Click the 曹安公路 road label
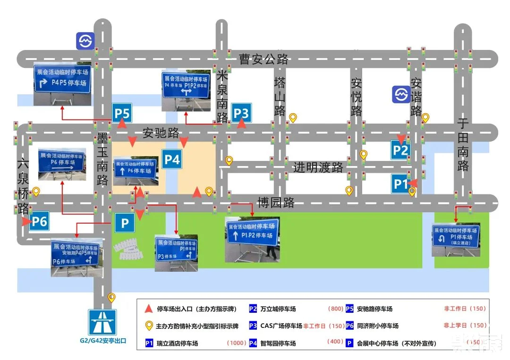263,59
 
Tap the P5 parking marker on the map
122,114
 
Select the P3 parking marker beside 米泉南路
241,113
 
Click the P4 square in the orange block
172,159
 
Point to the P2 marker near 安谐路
400,151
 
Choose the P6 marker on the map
39,221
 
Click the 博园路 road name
276,203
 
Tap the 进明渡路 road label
318,167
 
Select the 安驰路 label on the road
161,133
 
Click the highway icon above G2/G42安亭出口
102,322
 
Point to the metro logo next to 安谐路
402,94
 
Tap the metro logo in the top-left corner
85,41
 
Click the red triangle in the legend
148,309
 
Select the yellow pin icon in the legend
148,326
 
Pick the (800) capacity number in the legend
335,309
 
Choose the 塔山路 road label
280,96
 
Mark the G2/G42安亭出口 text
102,341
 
